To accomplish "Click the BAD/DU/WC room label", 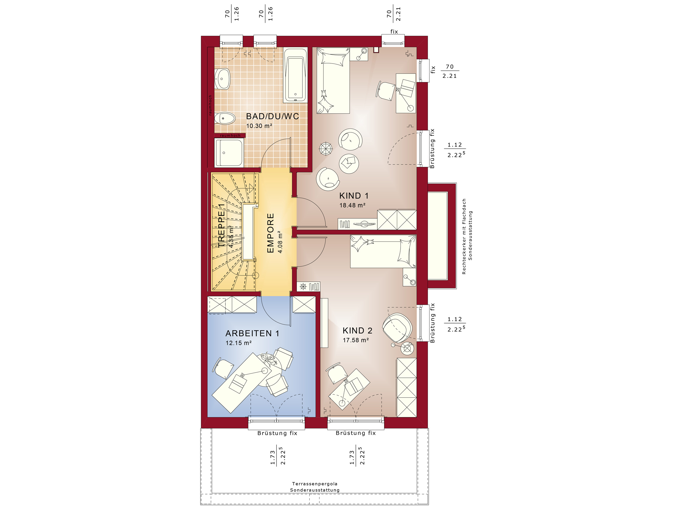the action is click(272, 116).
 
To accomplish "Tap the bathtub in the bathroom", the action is click(295, 75).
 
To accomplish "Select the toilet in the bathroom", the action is click(225, 118).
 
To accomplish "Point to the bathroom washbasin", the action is click(222, 79).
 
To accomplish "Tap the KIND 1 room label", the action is click(354, 196).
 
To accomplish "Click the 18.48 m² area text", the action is click(352, 205).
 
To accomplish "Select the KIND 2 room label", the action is click(357, 331).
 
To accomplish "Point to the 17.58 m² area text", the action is click(356, 340).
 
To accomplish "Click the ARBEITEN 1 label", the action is click(252, 333).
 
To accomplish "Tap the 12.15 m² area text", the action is click(239, 343).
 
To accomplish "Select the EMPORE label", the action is click(270, 233).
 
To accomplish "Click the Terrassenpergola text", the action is click(315, 484).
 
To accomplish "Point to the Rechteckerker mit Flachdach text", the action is click(464, 236).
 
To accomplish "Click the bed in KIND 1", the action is click(333, 81).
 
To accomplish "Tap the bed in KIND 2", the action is click(383, 251).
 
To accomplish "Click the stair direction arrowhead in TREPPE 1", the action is click(251, 188).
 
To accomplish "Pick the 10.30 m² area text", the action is click(259, 126).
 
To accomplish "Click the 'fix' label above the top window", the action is click(394, 32).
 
